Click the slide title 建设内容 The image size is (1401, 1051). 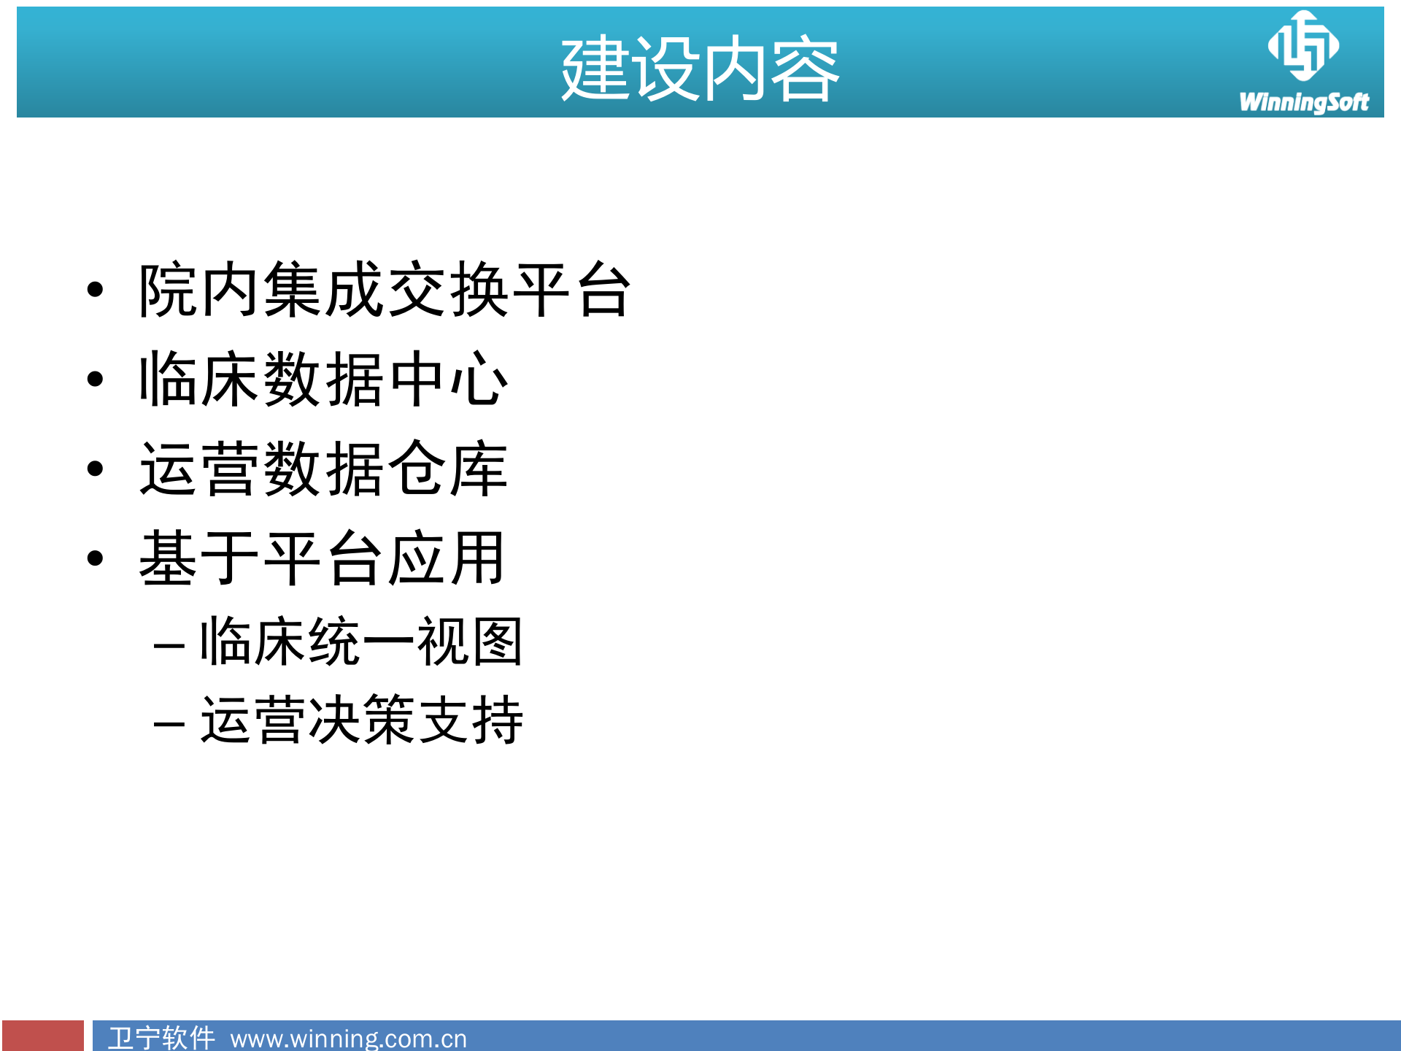pos(700,69)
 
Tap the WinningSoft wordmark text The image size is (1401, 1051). pos(1303,102)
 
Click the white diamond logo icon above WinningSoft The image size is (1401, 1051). pos(1303,45)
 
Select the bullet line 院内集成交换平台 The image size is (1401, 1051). pos(385,290)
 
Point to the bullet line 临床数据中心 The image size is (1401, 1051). pos(323,380)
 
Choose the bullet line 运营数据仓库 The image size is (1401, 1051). pos(323,469)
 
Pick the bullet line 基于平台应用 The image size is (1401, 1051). pos(322,559)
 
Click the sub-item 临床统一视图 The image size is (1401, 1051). pos(361,642)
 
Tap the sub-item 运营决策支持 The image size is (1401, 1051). pos(361,720)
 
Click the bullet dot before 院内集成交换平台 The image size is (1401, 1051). pos(95,290)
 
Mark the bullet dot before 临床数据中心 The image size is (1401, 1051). pos(95,380)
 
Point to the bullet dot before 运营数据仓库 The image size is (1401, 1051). pos(95,469)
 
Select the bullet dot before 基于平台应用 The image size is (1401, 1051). pos(95,559)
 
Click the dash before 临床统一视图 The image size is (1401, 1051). pos(169,646)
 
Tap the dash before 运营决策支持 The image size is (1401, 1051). pos(169,724)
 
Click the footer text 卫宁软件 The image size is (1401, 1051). pos(161,1037)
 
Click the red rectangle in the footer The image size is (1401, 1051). pos(43,1036)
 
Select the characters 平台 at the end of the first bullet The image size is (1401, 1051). pos(571,290)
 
